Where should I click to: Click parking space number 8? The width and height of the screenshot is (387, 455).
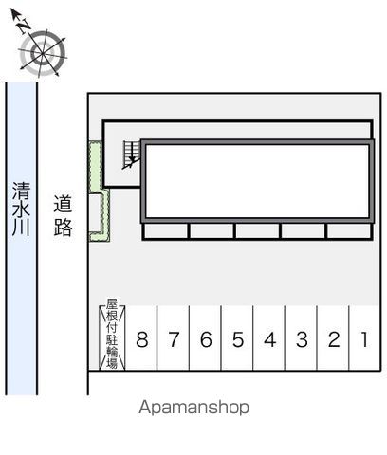tap(142, 339)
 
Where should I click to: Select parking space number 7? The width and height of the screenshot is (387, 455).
tap(174, 339)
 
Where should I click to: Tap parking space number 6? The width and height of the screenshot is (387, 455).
tap(206, 339)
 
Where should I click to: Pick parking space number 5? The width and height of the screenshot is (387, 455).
tap(237, 339)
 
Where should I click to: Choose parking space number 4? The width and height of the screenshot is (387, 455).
tap(269, 339)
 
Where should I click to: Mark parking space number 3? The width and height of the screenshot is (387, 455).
tap(302, 339)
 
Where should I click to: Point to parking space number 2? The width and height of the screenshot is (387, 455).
tap(333, 339)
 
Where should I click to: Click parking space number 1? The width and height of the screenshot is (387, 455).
tap(364, 339)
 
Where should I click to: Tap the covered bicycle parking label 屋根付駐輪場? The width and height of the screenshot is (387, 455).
tap(112, 334)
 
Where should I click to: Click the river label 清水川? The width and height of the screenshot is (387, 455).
tap(21, 209)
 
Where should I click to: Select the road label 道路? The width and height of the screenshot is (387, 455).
tap(63, 216)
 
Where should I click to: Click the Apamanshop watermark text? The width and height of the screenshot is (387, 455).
tap(193, 408)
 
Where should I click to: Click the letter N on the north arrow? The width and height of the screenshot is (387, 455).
tap(23, 27)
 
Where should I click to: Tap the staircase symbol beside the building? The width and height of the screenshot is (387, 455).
tap(131, 154)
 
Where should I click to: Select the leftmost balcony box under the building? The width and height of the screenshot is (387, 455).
tap(166, 231)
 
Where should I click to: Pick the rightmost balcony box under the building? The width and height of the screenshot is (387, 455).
tap(349, 231)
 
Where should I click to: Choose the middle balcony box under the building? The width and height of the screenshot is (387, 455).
tap(257, 231)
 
